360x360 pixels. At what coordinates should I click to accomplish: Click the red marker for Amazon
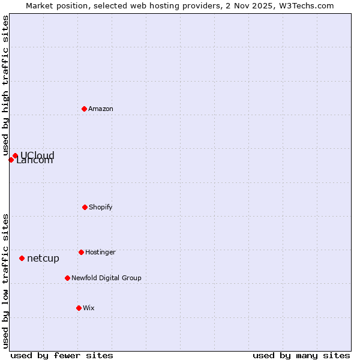pos(84,109)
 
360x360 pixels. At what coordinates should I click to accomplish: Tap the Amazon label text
pos(101,109)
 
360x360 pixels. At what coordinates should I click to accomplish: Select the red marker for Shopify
pos(85,207)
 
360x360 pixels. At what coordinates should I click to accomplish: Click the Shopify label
pos(101,208)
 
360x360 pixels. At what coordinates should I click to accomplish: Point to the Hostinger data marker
pos(81,252)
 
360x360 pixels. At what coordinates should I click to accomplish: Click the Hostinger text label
pos(100,253)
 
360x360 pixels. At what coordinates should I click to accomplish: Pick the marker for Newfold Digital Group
pos(67,278)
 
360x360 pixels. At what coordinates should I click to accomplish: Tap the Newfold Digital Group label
pos(106,278)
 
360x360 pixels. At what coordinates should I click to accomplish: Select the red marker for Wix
pos(79,308)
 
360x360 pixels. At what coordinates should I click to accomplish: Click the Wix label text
pos(89,308)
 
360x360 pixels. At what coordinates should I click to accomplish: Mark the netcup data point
pos(22,258)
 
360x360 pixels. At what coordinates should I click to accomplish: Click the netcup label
pos(43,259)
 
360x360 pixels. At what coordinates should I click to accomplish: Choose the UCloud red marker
pos(15,155)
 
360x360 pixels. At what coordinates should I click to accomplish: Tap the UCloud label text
pos(38,155)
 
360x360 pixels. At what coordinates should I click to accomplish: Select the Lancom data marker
pos(11,160)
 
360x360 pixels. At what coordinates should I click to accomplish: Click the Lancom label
pos(35,161)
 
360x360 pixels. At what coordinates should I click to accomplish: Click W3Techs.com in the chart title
pos(308,5)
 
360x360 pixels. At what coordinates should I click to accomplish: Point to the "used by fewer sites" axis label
pos(62,355)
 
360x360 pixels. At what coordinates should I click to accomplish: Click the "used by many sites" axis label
pos(301,355)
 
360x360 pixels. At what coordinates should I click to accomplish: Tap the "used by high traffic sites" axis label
pos(5,86)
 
